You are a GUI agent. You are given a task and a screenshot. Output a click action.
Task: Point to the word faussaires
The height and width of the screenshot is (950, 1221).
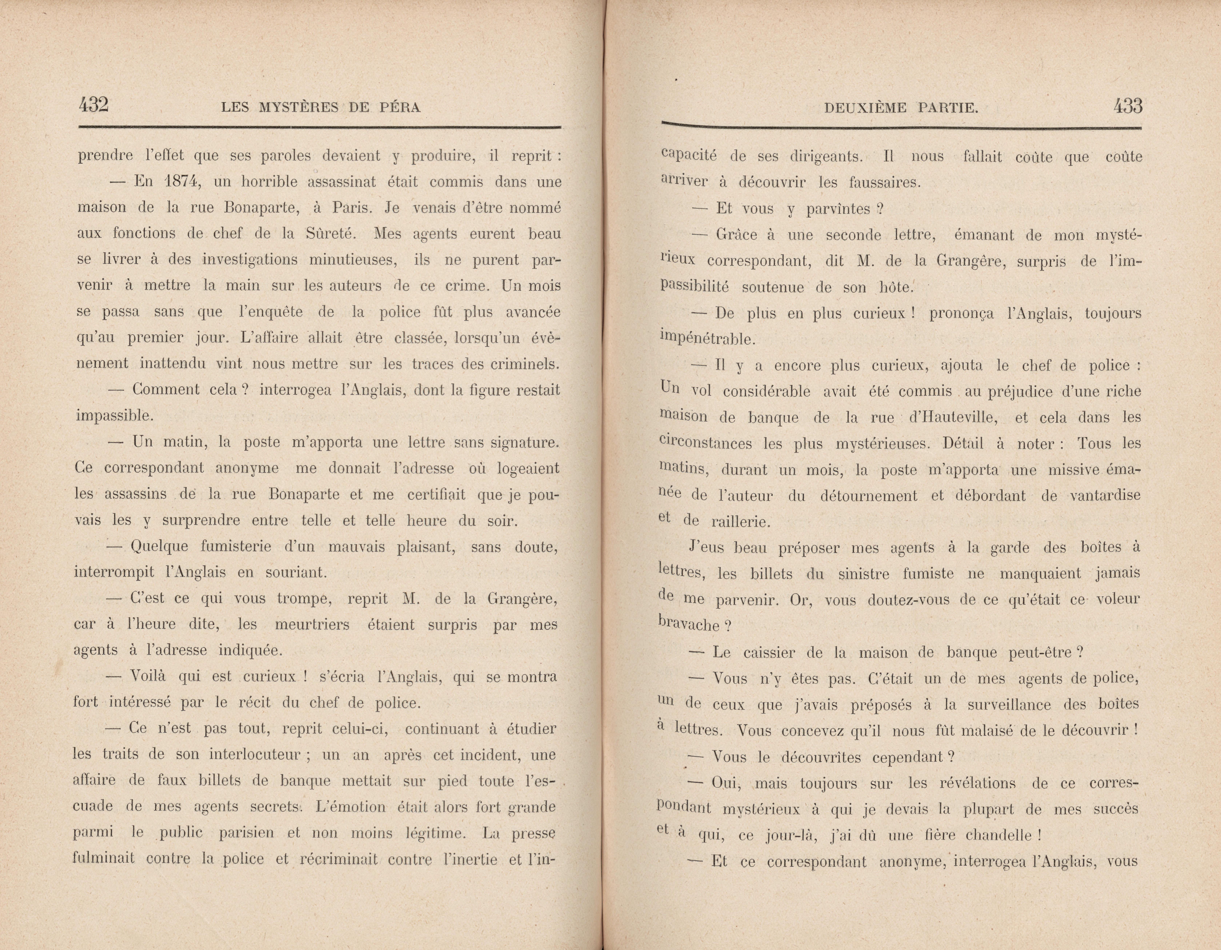tap(884, 182)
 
